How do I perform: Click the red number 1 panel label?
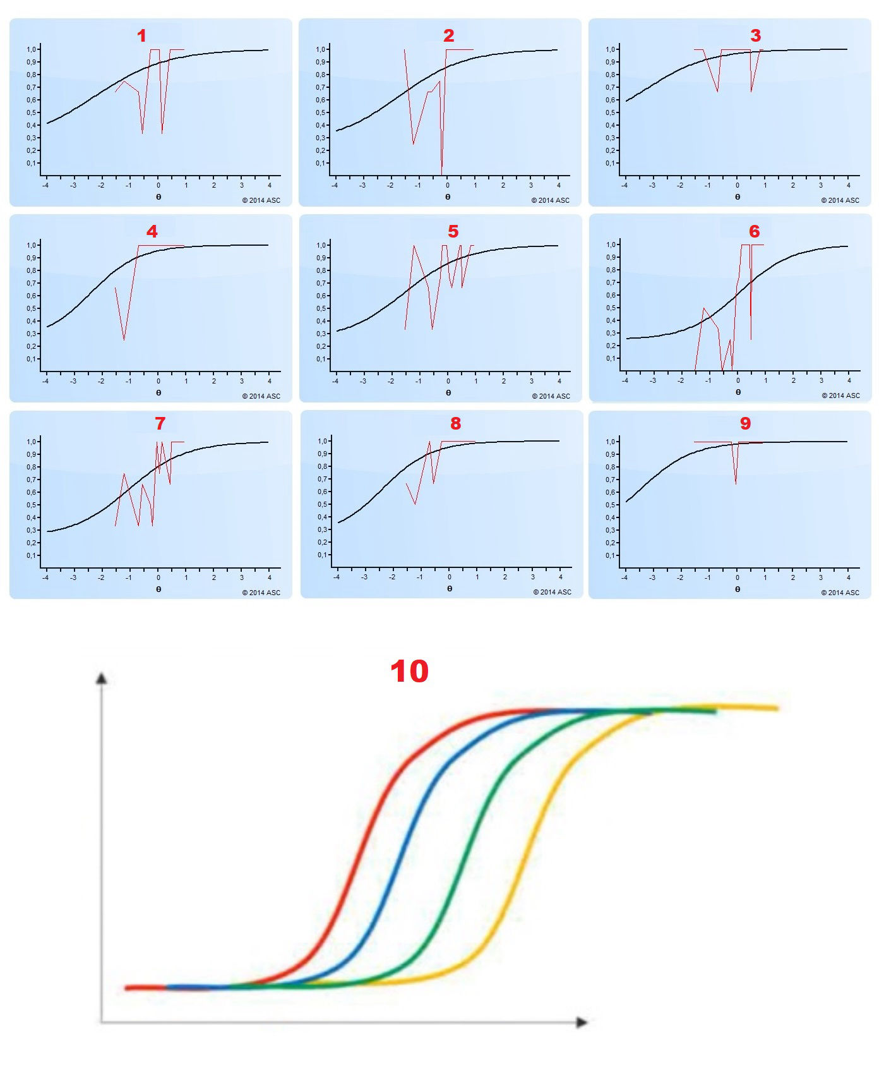click(141, 36)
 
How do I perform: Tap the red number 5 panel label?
click(453, 232)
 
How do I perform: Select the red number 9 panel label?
click(745, 423)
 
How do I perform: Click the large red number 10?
click(409, 671)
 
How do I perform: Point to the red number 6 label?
click(754, 232)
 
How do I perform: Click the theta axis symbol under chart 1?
click(158, 196)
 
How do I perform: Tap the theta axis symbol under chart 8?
click(449, 588)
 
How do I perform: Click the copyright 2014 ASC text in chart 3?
click(840, 200)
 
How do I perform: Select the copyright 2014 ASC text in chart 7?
click(261, 593)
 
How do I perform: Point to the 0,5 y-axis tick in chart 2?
click(321, 112)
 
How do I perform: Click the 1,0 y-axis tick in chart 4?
click(32, 245)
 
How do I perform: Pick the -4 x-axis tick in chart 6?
click(625, 380)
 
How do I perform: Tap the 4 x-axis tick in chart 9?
click(848, 577)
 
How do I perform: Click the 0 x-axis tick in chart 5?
click(448, 381)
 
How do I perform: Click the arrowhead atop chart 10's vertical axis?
click(101, 679)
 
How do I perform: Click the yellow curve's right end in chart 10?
click(777, 709)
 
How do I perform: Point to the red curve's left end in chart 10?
click(127, 987)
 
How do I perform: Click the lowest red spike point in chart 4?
click(124, 340)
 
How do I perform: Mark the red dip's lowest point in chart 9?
click(736, 484)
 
